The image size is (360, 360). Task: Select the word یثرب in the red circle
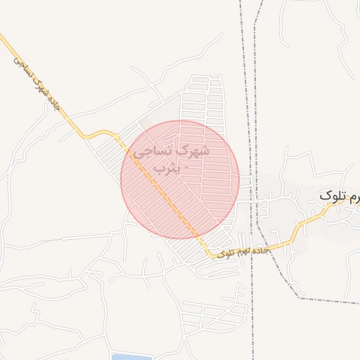click(166, 168)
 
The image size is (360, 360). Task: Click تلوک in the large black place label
click(331, 195)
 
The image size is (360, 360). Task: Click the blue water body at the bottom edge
click(131, 356)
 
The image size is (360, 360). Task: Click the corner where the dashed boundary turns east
click(300, 298)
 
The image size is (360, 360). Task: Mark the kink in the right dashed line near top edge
click(255, 25)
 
